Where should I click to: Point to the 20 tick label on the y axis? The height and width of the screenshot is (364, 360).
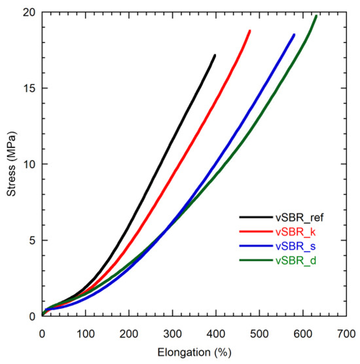tap(28, 12)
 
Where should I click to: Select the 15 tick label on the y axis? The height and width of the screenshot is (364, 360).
tap(28, 88)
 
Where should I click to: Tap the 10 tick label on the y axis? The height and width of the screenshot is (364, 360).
tap(28, 164)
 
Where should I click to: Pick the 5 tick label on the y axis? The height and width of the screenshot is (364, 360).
tap(31, 240)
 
